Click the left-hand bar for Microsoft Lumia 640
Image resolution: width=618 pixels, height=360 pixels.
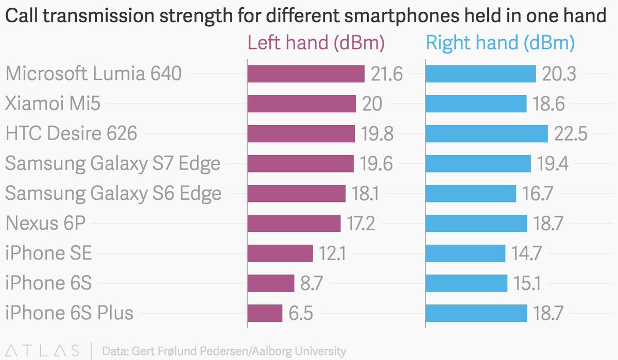coord(306,74)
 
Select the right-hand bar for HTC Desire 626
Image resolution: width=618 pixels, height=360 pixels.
coord(486,134)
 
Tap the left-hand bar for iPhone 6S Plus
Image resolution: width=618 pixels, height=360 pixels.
coord(265,313)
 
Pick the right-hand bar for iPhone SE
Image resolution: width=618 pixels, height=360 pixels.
coord(465,253)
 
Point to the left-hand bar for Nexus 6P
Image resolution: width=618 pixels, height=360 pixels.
coord(294,224)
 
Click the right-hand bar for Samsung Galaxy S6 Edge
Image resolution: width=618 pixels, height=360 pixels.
coord(471,194)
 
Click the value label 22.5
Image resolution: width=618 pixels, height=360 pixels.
coord(571,134)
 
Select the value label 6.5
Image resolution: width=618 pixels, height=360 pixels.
coord(301,313)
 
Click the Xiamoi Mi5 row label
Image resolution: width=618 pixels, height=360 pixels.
coord(53,104)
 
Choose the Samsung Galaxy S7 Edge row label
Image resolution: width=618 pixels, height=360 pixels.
coord(113,164)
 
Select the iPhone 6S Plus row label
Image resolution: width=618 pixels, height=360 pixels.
coord(70,313)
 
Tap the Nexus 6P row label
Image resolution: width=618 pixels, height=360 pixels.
coord(45,224)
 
